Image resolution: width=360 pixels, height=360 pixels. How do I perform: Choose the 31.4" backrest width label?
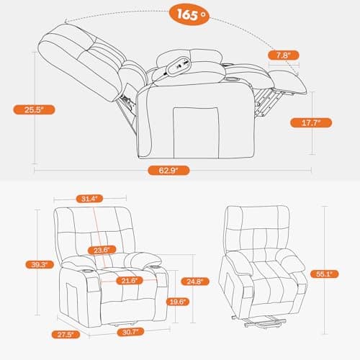pos(90,198)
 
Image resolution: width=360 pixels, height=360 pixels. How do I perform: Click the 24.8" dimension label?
pos(192,281)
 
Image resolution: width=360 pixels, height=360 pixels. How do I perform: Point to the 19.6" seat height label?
pos(177,301)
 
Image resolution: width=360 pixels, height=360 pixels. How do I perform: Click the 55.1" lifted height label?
pos(339,274)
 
